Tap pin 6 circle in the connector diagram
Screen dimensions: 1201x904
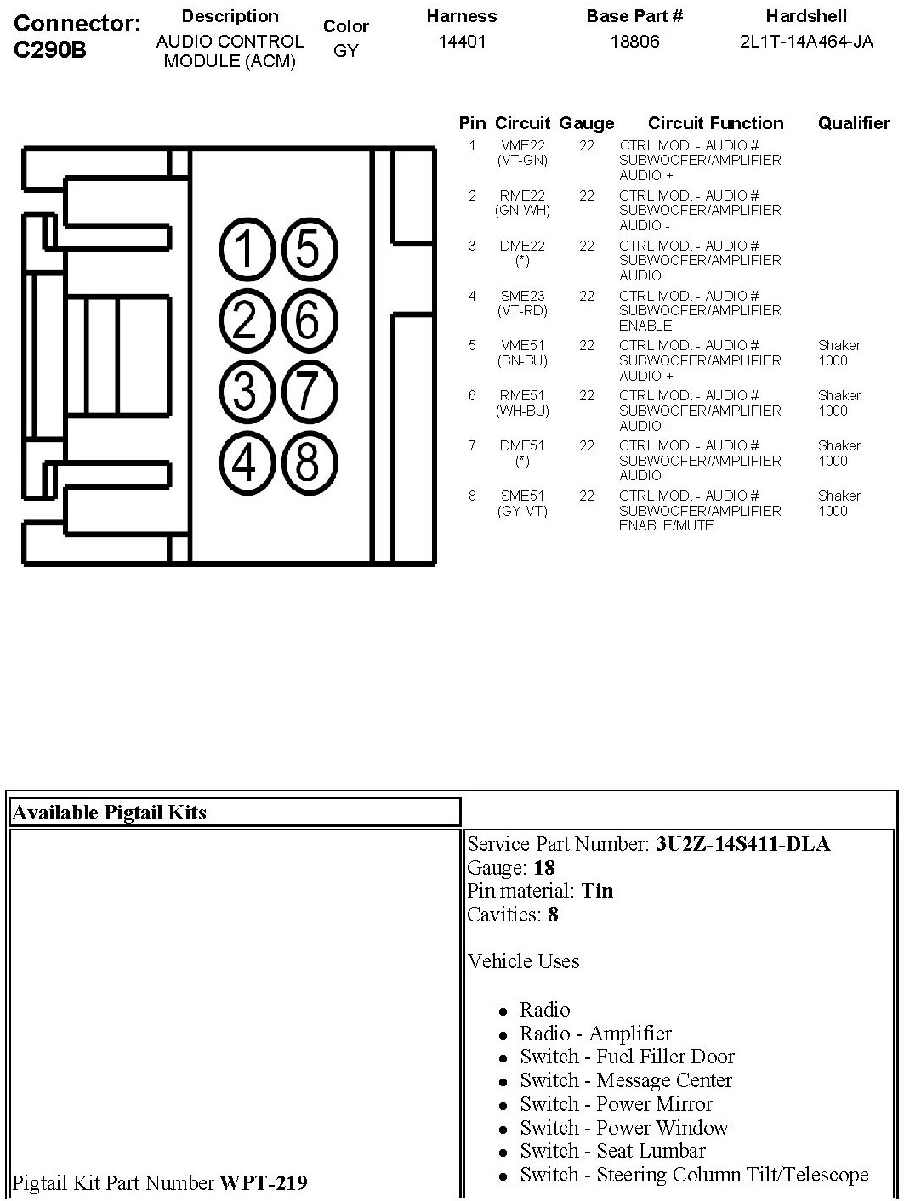pyautogui.click(x=307, y=320)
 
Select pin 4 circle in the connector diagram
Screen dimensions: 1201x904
pyautogui.click(x=245, y=463)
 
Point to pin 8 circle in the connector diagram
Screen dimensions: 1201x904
pyautogui.click(x=307, y=463)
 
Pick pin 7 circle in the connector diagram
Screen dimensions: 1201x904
pyautogui.click(x=307, y=392)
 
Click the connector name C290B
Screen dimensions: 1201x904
pyautogui.click(x=50, y=49)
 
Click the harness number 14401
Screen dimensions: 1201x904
pyautogui.click(x=462, y=42)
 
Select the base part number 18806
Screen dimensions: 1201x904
pyautogui.click(x=634, y=42)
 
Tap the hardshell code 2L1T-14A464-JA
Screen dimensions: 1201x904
pyautogui.click(x=806, y=42)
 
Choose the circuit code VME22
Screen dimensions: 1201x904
pyautogui.click(x=522, y=146)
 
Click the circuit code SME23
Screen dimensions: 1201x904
pyautogui.click(x=522, y=296)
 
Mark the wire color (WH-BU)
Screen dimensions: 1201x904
pyautogui.click(x=522, y=411)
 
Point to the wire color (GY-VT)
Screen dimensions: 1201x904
pyautogui.click(x=522, y=512)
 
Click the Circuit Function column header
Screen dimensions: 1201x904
pyautogui.click(x=715, y=123)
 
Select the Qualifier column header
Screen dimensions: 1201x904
pyautogui.click(x=853, y=123)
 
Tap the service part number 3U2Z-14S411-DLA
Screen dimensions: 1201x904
pyautogui.click(x=742, y=844)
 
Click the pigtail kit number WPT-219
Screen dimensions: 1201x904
pyautogui.click(x=264, y=1182)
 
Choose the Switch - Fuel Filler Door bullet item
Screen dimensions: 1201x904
pyautogui.click(x=627, y=1057)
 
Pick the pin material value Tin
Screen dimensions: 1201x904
pyautogui.click(x=597, y=891)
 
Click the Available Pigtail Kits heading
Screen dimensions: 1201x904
pyautogui.click(x=109, y=813)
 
